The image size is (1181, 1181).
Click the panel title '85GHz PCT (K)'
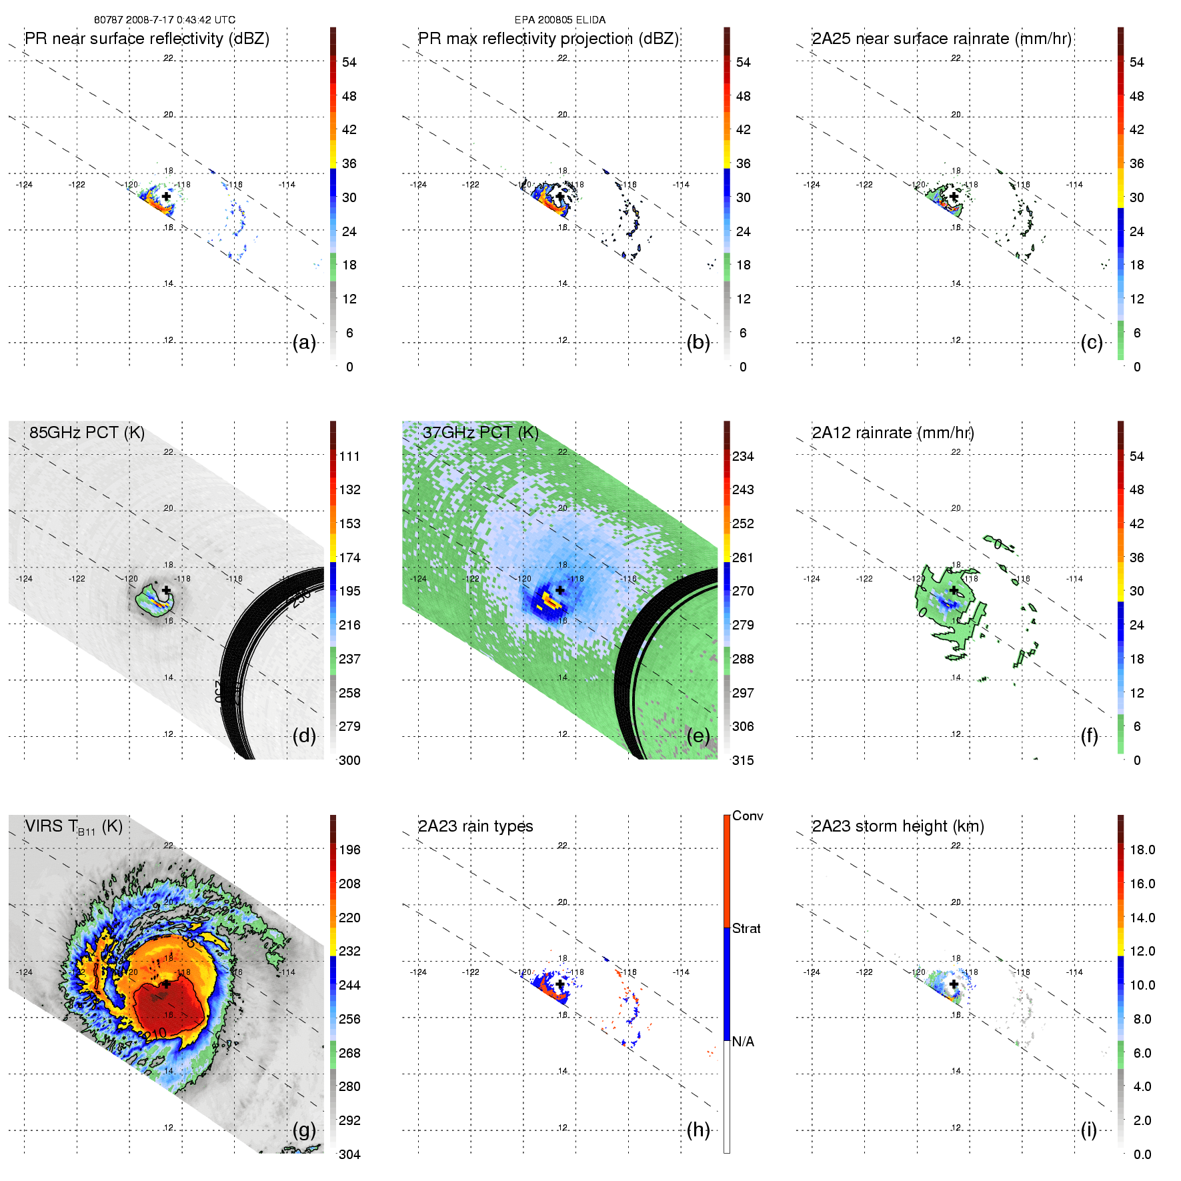pyautogui.click(x=87, y=432)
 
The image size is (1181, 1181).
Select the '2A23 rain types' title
pyautogui.click(x=475, y=826)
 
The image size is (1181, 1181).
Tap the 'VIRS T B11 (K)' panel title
pyautogui.click(x=73, y=827)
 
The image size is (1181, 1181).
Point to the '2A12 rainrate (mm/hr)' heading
pyautogui.click(x=892, y=432)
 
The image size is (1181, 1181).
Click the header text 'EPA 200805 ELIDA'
pyautogui.click(x=560, y=20)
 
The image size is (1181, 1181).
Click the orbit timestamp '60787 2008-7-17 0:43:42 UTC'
pyautogui.click(x=164, y=20)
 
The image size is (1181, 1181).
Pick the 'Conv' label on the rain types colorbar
pyautogui.click(x=748, y=816)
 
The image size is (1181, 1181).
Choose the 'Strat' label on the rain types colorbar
pyautogui.click(x=746, y=928)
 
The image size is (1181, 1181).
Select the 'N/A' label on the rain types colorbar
pyautogui.click(x=743, y=1042)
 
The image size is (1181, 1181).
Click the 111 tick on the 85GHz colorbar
pyautogui.click(x=349, y=456)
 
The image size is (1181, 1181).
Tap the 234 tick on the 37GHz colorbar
pyautogui.click(x=743, y=456)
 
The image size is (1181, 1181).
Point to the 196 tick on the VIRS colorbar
pyautogui.click(x=349, y=850)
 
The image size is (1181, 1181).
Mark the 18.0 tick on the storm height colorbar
pyautogui.click(x=1142, y=850)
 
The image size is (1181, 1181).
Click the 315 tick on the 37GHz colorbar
pyautogui.click(x=743, y=760)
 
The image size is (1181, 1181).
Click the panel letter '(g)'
pyautogui.click(x=304, y=1130)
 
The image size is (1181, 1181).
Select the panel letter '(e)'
pyautogui.click(x=698, y=736)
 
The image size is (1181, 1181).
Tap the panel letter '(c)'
pyautogui.click(x=1091, y=342)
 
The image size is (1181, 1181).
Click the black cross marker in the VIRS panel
pyautogui.click(x=166, y=984)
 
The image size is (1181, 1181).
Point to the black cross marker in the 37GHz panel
pyautogui.click(x=559, y=590)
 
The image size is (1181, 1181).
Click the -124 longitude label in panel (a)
pyautogui.click(x=24, y=185)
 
